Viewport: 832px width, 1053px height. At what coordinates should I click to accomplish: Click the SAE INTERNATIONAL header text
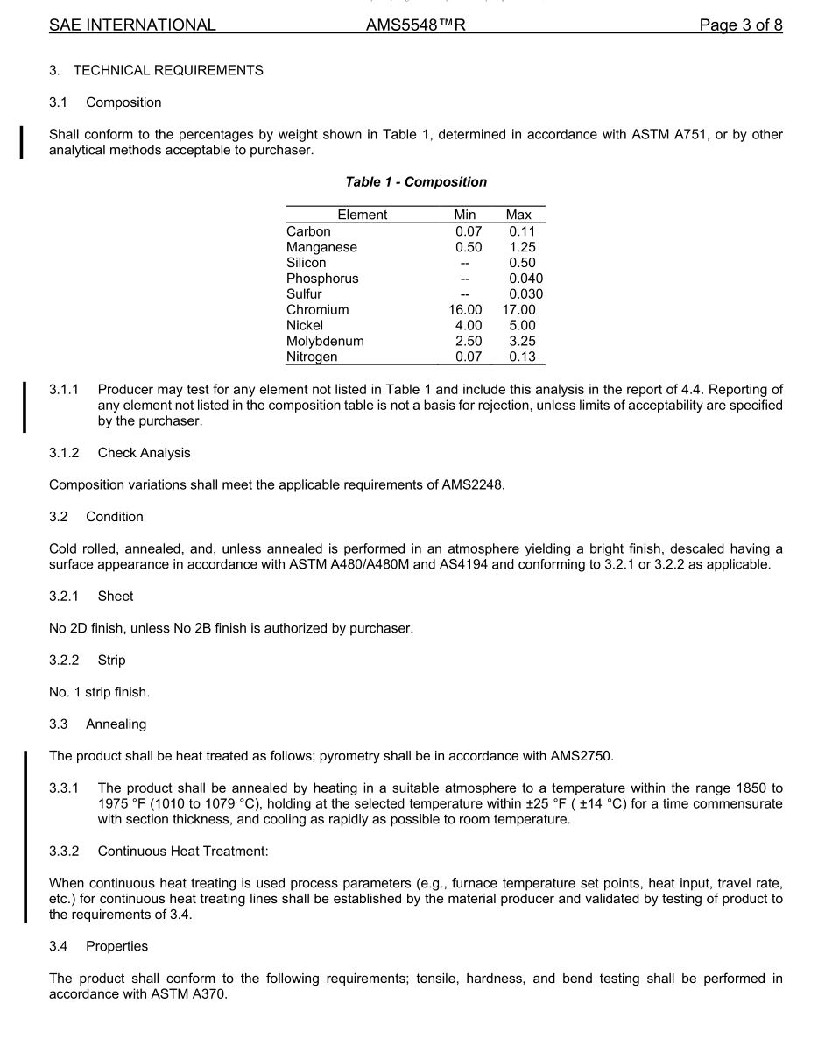point(132,25)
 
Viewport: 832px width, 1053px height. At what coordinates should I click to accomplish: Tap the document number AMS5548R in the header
point(415,25)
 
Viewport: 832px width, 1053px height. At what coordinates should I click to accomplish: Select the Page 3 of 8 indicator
point(740,25)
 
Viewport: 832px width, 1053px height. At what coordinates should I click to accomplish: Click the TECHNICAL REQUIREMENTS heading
point(168,71)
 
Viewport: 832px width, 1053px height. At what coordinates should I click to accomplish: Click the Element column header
point(362,215)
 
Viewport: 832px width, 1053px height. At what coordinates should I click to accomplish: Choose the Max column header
point(518,215)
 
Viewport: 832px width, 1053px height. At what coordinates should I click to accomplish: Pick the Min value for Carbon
point(468,231)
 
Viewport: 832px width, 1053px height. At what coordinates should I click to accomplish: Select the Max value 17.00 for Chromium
point(518,310)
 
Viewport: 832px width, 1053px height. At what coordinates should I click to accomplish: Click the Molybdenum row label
point(325,341)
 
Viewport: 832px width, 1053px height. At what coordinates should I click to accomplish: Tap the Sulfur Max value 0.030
point(525,294)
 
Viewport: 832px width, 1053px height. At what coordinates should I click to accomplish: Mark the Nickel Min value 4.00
point(468,326)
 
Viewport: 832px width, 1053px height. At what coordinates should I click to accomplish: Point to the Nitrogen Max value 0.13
point(522,357)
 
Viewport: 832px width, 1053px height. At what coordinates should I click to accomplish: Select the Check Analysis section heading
point(144,453)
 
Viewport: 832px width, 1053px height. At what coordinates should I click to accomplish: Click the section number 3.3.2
point(64,851)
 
